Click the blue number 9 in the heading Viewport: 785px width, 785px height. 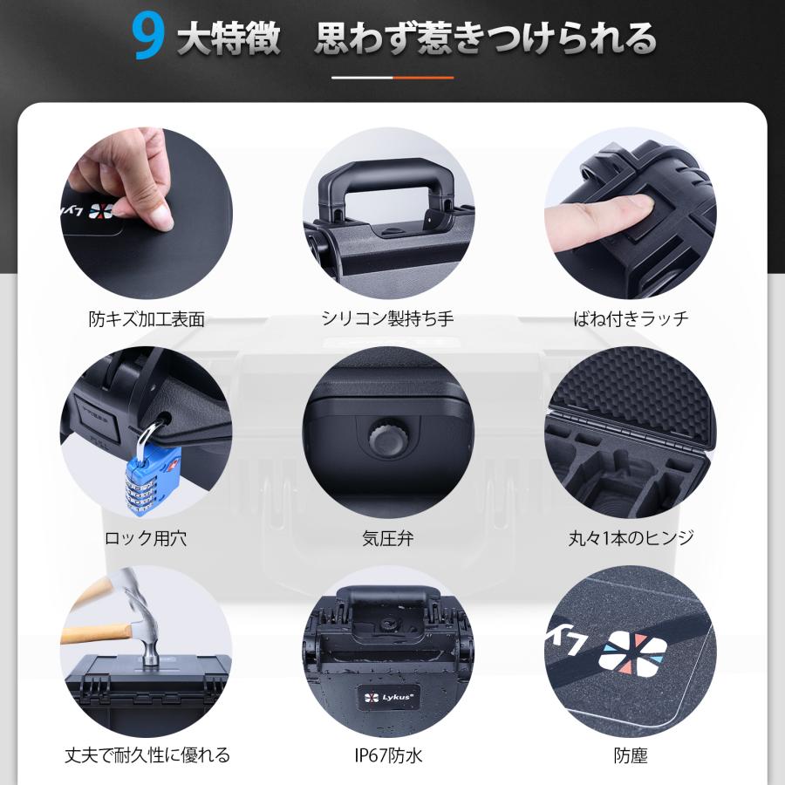click(x=148, y=38)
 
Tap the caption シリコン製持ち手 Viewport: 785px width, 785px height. click(x=388, y=318)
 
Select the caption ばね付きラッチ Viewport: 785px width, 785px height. click(x=631, y=318)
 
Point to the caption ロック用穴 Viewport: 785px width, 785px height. click(x=146, y=538)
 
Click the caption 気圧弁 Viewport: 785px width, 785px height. click(x=388, y=538)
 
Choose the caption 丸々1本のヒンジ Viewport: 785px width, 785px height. click(x=631, y=538)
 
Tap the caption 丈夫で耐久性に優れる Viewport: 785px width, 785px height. click(x=147, y=755)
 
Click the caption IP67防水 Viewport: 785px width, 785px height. click(x=388, y=755)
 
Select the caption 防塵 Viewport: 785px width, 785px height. click(x=631, y=755)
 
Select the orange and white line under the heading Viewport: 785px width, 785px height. click(x=392, y=78)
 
